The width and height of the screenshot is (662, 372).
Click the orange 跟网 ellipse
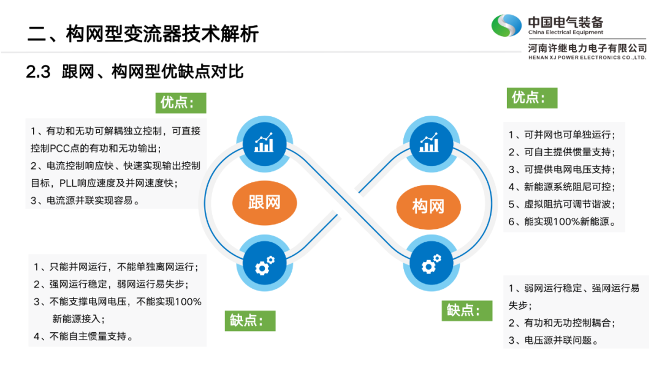[264, 201]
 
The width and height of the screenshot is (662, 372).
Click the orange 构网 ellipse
[428, 206]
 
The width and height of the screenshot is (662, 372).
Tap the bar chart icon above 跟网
[264, 143]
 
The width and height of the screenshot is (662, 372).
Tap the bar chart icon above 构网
[428, 143]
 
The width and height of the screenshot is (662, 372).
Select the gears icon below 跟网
[264, 266]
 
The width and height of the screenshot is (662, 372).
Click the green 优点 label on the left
[181, 103]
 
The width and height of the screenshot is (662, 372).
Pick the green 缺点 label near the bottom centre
[251, 321]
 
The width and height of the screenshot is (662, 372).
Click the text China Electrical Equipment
[565, 32]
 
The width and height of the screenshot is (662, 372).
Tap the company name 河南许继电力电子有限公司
[587, 47]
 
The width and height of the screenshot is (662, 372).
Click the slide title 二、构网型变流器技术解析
[143, 33]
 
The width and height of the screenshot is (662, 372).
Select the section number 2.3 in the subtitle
[38, 73]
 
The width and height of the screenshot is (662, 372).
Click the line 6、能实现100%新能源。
[562, 221]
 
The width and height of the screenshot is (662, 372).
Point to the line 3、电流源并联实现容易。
[85, 200]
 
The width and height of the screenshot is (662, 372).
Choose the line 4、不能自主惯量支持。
[84, 336]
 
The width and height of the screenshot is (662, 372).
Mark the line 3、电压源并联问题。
[553, 340]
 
